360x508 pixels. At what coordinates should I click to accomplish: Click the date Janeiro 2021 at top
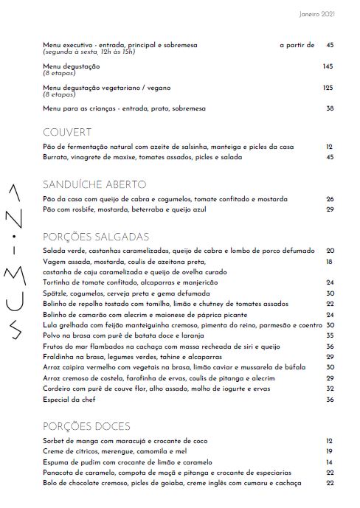click(317, 13)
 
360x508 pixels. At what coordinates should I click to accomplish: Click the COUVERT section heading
click(67, 133)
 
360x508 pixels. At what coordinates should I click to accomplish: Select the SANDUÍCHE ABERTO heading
click(95, 184)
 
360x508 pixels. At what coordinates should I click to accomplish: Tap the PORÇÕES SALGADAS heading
click(97, 237)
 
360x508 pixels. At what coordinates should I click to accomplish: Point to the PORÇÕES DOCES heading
click(87, 426)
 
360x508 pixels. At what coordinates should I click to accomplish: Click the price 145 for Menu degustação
click(328, 66)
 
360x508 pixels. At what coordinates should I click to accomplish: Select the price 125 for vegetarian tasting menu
click(328, 88)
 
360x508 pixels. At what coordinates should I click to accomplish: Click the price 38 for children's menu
click(330, 109)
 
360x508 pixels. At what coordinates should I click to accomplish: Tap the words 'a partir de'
click(297, 45)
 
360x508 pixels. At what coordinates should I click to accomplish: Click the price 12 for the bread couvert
click(330, 147)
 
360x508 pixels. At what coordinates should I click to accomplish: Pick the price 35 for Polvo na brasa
click(330, 335)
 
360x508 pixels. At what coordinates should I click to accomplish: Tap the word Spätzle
click(57, 293)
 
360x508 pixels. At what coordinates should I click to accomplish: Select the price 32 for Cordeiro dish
click(330, 389)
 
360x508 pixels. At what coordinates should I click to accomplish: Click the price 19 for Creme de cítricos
click(330, 451)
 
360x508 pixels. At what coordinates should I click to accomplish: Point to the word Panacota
click(60, 473)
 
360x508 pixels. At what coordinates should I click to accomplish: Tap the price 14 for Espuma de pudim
click(330, 462)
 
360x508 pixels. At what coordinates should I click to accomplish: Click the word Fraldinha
click(60, 356)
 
